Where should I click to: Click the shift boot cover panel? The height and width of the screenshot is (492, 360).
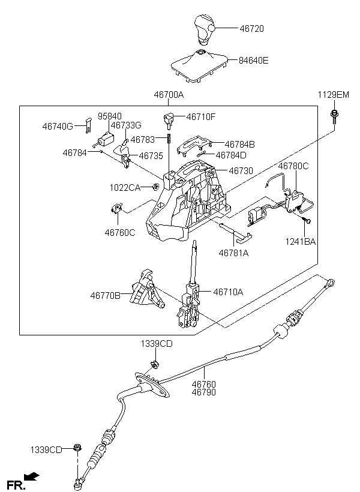[199, 66]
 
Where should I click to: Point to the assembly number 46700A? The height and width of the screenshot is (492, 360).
[168, 95]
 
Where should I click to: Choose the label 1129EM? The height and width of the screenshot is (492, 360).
[334, 95]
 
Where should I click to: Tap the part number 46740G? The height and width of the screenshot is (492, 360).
[58, 127]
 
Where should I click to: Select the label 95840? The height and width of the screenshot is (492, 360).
[110, 116]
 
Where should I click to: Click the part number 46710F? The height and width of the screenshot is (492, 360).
[201, 117]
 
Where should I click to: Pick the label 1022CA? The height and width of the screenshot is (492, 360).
[124, 188]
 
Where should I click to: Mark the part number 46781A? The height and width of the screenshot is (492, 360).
[233, 253]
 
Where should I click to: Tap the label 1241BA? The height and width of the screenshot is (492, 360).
[301, 242]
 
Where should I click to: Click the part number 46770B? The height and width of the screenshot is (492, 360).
[106, 295]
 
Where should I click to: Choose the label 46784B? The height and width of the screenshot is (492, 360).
[239, 144]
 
